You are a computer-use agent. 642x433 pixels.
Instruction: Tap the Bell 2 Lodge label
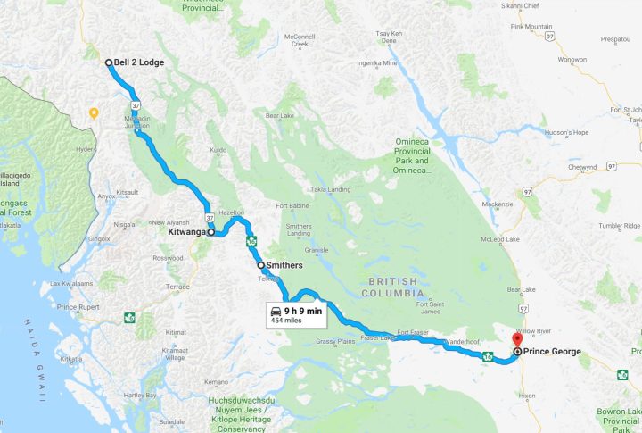click(139, 62)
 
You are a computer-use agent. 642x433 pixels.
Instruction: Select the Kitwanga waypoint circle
click(211, 232)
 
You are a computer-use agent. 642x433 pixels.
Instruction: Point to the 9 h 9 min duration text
click(303, 311)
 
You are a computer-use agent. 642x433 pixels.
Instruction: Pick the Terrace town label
click(178, 287)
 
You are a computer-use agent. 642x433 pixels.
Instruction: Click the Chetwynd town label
click(581, 167)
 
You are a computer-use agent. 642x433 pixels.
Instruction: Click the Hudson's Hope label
click(568, 132)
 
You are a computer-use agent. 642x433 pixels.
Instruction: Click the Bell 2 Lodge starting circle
click(108, 62)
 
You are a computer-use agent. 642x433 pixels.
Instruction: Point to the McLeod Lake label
click(502, 239)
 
